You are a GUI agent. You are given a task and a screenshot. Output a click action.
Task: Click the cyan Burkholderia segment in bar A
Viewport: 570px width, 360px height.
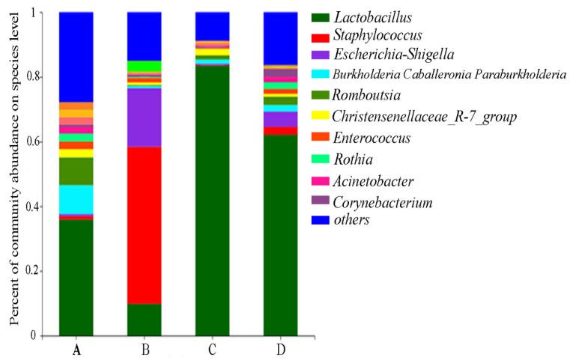(76, 199)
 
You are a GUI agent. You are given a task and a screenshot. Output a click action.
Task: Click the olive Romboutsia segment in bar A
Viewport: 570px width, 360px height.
(76, 171)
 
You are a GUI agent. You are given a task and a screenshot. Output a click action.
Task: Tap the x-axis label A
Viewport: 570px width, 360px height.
(76, 349)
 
